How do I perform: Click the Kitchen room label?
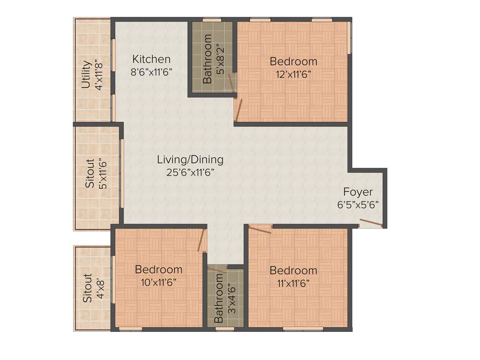pos(151,59)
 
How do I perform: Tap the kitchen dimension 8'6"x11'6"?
pos(151,72)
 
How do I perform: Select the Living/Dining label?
pos(190,159)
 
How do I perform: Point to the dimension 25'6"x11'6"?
pos(190,172)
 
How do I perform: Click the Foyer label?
pos(358,192)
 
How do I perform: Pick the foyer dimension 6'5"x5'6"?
pos(358,204)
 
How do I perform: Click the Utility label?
pos(86,75)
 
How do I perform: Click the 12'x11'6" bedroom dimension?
pos(293,74)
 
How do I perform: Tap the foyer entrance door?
pos(371,223)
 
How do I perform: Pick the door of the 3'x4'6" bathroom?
pos(217,270)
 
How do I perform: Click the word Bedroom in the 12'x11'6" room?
pos(293,61)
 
